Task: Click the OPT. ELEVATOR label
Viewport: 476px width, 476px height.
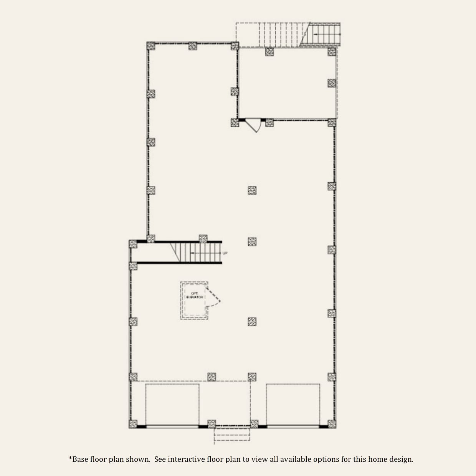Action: pyautogui.click(x=195, y=295)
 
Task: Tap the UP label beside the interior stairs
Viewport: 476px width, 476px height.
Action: pyautogui.click(x=225, y=253)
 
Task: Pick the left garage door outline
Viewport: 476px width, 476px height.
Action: pyautogui.click(x=172, y=404)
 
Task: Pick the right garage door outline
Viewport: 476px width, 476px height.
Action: pyautogui.click(x=293, y=404)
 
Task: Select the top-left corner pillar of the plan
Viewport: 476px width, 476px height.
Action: pyautogui.click(x=151, y=46)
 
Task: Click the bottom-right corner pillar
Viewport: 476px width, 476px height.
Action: pyautogui.click(x=332, y=424)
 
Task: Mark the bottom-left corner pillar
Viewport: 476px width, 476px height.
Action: pyautogui.click(x=133, y=424)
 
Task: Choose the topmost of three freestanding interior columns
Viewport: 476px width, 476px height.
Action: pyautogui.click(x=252, y=190)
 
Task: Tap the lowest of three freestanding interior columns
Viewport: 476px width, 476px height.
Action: pyautogui.click(x=252, y=322)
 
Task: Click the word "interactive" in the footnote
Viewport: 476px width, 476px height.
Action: pyautogui.click(x=186, y=459)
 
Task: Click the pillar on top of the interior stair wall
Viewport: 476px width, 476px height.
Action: pyautogui.click(x=203, y=238)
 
